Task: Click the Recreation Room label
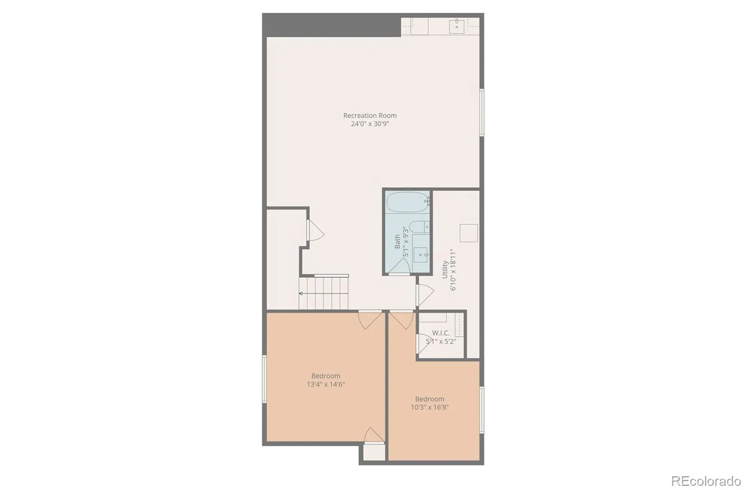pyautogui.click(x=370, y=116)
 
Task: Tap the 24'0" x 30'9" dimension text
pyautogui.click(x=370, y=124)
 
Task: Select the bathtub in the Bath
pyautogui.click(x=408, y=202)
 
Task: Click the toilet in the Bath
pyautogui.click(x=419, y=227)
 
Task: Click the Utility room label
pyautogui.click(x=444, y=269)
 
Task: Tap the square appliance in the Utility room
pyautogui.click(x=469, y=233)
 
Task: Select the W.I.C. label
pyautogui.click(x=441, y=333)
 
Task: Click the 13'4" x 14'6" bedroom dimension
pyautogui.click(x=326, y=385)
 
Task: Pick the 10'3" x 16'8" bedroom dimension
pyautogui.click(x=429, y=407)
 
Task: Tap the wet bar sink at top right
pyautogui.click(x=456, y=26)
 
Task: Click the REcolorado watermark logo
pyautogui.click(x=706, y=481)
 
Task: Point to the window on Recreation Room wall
pyautogui.click(x=482, y=112)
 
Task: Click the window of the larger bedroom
pyautogui.click(x=264, y=379)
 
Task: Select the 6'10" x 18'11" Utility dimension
pyautogui.click(x=452, y=269)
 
